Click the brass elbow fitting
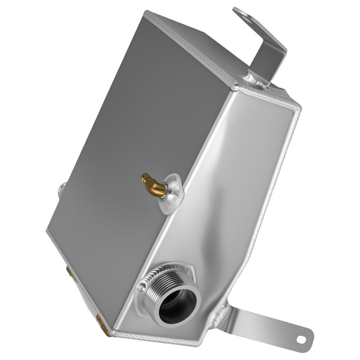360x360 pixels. point(155,185)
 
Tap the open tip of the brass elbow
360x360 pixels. point(145,178)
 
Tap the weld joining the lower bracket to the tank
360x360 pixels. point(222,313)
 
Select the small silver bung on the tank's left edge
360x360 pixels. point(62,191)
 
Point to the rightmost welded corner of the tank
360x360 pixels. point(296,111)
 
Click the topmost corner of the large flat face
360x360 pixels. point(146,13)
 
